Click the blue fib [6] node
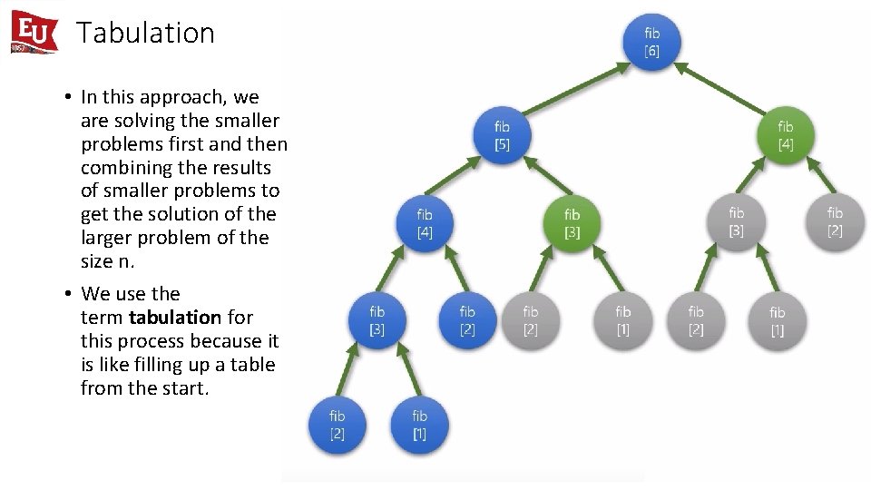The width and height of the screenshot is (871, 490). (651, 42)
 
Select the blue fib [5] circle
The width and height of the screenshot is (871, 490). (502, 136)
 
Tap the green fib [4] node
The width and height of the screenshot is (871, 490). (785, 135)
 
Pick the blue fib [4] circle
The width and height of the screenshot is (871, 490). (424, 223)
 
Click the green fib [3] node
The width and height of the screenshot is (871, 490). (572, 223)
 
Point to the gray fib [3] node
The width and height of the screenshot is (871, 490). (736, 222)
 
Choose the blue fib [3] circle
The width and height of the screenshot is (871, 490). (377, 320)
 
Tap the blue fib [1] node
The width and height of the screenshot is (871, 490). (419, 425)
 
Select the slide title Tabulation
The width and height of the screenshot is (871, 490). (145, 33)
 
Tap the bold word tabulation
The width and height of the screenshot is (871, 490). (175, 318)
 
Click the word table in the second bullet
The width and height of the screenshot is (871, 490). (253, 365)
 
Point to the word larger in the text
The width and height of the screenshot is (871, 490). (110, 238)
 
